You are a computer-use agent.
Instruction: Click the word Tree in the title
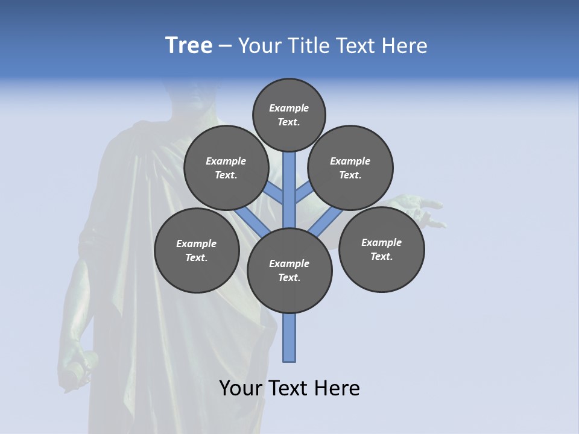point(189,46)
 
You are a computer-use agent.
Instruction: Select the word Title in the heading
point(308,46)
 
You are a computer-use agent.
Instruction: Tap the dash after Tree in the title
point(225,46)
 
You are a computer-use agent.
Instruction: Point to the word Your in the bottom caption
point(240,388)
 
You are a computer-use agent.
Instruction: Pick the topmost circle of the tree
point(289,115)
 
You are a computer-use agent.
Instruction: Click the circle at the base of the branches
point(289,271)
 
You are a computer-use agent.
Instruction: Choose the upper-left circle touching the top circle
point(226,168)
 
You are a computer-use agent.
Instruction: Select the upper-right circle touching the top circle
point(350,168)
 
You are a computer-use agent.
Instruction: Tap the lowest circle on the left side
point(197,250)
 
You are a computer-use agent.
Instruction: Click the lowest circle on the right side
point(381,249)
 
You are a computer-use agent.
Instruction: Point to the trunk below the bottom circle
point(289,338)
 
